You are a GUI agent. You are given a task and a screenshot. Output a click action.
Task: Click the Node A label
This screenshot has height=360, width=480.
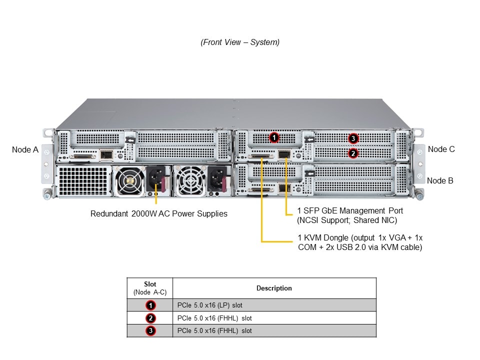pos(25,149)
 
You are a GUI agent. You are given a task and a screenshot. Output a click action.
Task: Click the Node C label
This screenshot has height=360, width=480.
pos(441,149)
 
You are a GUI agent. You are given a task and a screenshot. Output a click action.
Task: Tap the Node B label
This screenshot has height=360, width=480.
pos(440,180)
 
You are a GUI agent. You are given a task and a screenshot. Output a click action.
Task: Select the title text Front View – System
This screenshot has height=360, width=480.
pos(240,42)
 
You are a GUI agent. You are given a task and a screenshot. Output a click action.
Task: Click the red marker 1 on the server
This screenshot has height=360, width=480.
pos(273,137)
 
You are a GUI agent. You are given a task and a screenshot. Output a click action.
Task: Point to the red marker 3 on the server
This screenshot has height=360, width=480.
pos(353,138)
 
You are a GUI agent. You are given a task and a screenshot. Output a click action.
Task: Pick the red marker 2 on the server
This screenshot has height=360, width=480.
pos(353,153)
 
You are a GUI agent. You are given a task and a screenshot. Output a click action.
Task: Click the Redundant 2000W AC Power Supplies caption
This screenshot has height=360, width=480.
pos(159,214)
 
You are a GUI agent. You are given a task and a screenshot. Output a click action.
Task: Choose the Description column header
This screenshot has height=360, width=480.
pos(274,288)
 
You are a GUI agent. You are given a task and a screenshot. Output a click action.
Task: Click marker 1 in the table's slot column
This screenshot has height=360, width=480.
pos(150,305)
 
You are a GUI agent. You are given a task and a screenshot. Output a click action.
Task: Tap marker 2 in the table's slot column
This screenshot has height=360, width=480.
pos(150,318)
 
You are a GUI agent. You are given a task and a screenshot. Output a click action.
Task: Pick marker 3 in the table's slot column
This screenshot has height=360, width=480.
pos(150,330)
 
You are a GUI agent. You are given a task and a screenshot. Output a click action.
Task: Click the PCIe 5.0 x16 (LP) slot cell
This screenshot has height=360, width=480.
pos(210,305)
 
